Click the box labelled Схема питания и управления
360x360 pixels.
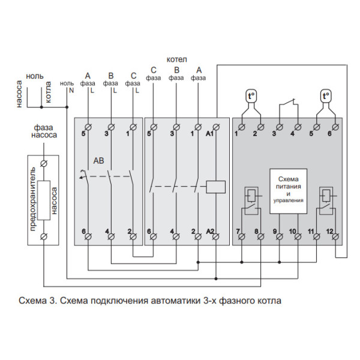click(289, 190)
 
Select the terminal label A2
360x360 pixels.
click(209, 232)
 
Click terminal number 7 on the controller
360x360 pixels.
click(238, 232)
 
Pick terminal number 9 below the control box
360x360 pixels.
click(276, 232)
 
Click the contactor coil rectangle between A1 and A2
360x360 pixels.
click(215, 186)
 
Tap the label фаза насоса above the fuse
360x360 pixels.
click(45, 131)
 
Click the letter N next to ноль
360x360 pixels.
click(71, 90)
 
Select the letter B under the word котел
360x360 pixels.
click(176, 70)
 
